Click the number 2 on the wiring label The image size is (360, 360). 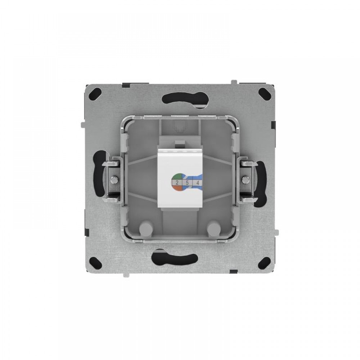point(177,183)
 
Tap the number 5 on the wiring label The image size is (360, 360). point(187,183)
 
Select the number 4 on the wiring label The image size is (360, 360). point(197,183)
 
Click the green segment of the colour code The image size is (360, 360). point(177,176)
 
